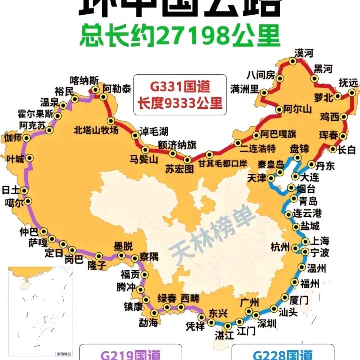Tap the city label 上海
click(x=319, y=240)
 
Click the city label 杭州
click(x=280, y=247)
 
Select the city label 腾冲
click(x=126, y=287)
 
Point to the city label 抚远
click(x=349, y=82)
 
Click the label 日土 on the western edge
click(x=11, y=190)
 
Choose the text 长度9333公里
click(x=180, y=103)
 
